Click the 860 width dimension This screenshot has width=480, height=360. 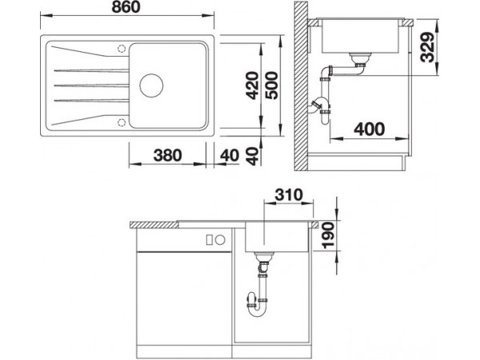coord(126,7)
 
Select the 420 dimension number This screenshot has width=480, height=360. coord(253,86)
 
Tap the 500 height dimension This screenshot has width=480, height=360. coord(271,86)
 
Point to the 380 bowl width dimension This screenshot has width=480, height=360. coord(167,155)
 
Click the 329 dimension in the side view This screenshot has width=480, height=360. coord(428,47)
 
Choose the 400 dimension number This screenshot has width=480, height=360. coord(369,129)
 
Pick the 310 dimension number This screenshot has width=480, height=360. coord(289,194)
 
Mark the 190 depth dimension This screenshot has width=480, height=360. coord(329,235)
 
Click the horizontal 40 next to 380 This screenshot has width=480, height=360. coord(230,155)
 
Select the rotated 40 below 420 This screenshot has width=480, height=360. coord(253,156)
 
